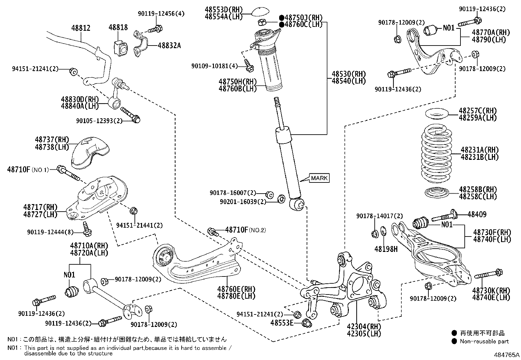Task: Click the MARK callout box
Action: click(x=319, y=178)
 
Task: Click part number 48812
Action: click(x=81, y=28)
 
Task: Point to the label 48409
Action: click(x=477, y=215)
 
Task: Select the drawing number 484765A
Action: click(x=507, y=355)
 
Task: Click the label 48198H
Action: click(x=386, y=249)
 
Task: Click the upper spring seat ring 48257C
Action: click(x=437, y=115)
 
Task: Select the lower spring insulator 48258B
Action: click(x=437, y=192)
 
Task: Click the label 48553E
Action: click(x=282, y=323)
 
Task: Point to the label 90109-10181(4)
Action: click(x=215, y=66)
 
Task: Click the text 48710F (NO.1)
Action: click(x=28, y=169)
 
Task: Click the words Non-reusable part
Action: click(x=484, y=341)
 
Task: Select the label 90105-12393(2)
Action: click(x=99, y=121)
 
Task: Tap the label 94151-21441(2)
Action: click(x=139, y=225)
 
